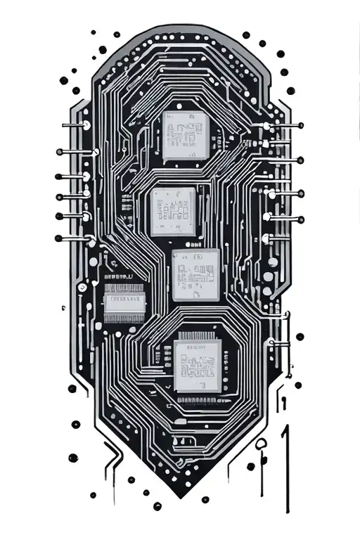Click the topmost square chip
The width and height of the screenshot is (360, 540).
[x=185, y=134]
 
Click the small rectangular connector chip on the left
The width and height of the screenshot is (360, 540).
[x=125, y=303]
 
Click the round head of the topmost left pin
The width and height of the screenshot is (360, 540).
[x=86, y=125]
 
